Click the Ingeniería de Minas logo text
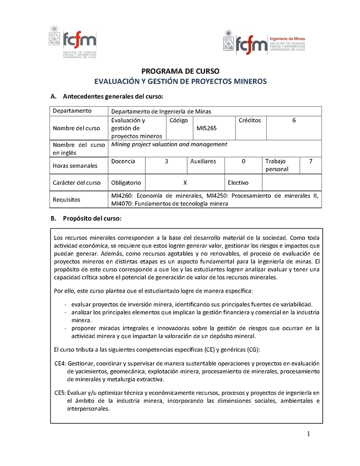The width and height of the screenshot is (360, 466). [x=287, y=39]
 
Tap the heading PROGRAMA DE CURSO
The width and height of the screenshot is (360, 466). [x=180, y=71]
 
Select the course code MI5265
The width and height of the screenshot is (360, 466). [x=207, y=128]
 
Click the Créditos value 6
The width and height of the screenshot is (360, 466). [x=294, y=120]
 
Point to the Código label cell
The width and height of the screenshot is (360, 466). [x=179, y=120]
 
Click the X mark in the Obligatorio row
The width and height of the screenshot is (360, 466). [x=185, y=183]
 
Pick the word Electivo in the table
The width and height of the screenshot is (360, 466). [x=238, y=183]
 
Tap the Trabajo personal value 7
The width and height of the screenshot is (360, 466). [x=310, y=161]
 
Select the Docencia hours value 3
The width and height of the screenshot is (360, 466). [x=166, y=161]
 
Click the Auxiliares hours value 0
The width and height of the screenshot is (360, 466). [x=243, y=161]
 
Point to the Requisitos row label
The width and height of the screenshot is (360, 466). [x=66, y=199]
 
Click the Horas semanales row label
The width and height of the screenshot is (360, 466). [x=75, y=166]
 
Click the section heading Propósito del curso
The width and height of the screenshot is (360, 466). [x=92, y=218]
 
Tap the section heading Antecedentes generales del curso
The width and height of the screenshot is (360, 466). [x=112, y=96]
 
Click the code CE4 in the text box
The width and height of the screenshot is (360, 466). [x=60, y=363]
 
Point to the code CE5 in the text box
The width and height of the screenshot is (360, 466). [x=60, y=393]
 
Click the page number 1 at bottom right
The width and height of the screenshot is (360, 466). [x=309, y=434]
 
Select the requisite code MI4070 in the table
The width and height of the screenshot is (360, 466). [x=121, y=204]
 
